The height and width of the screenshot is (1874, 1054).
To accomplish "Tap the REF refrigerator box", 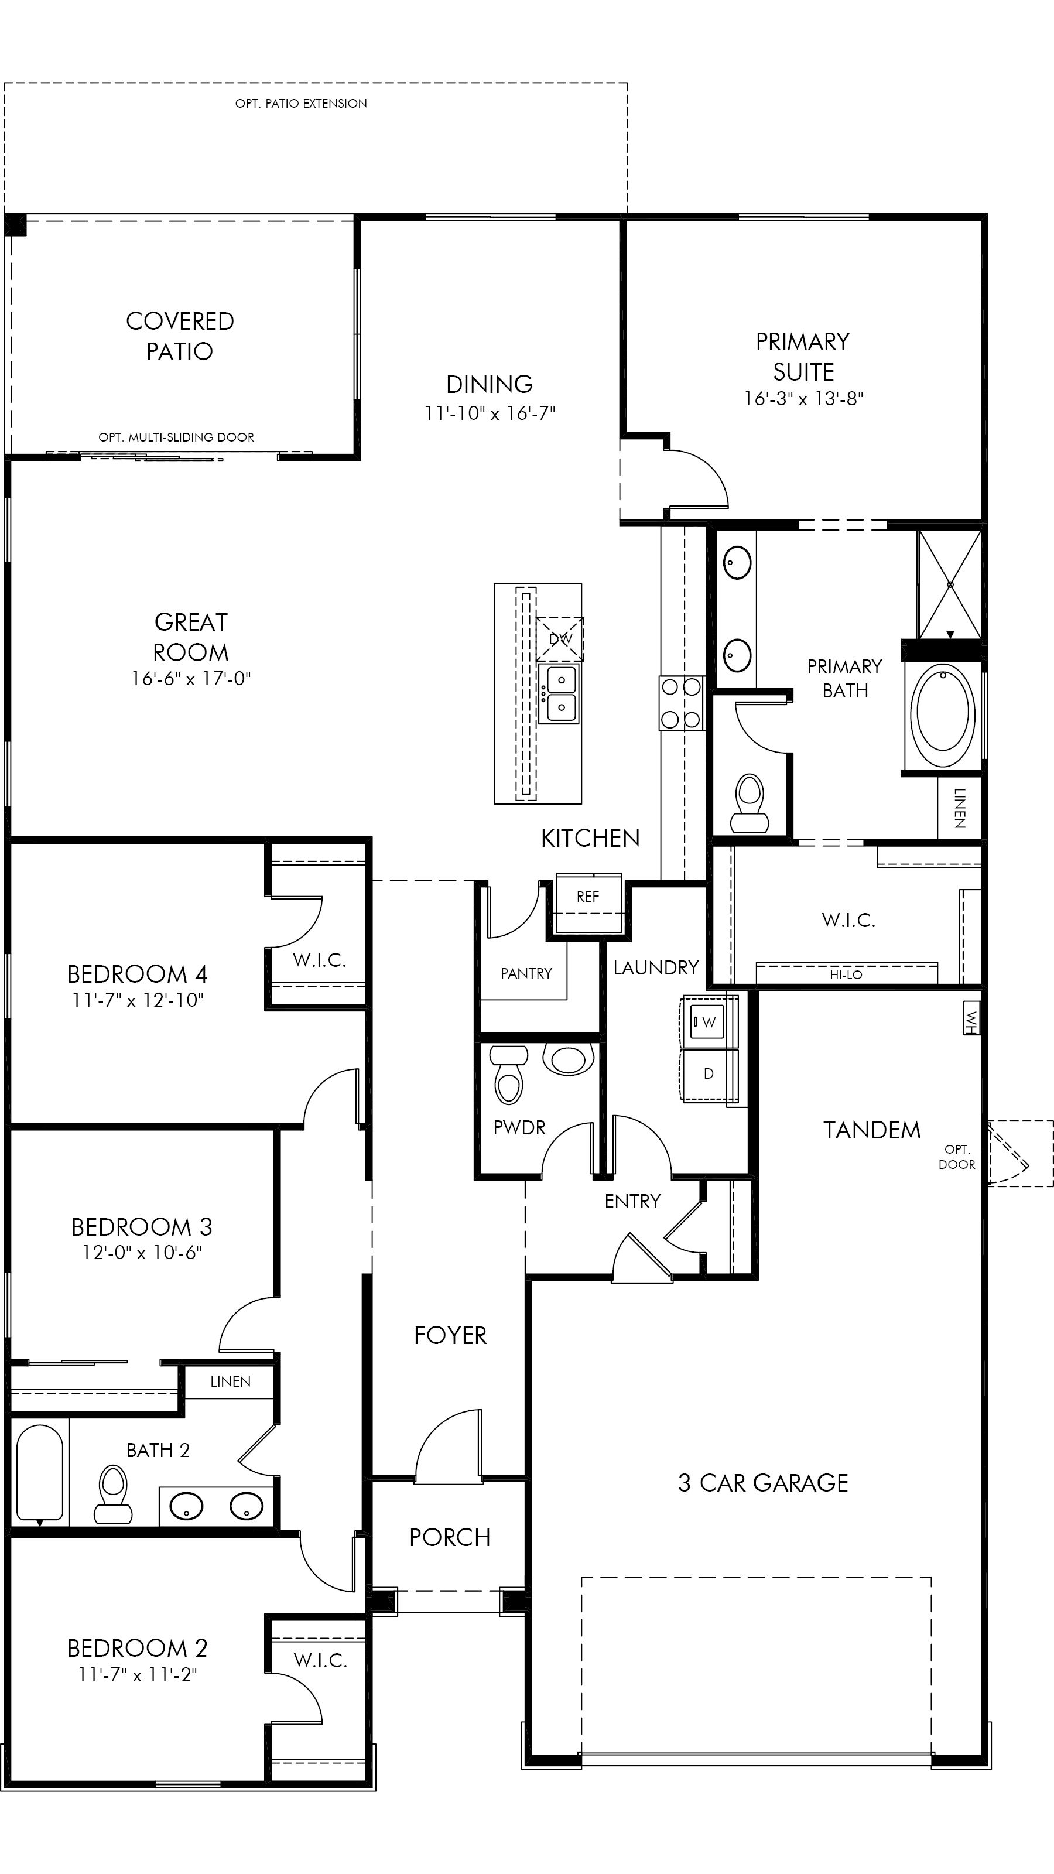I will [x=588, y=897].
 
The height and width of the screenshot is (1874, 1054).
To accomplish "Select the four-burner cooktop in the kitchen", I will [x=682, y=703].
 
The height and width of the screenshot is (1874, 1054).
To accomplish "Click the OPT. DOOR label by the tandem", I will [x=957, y=1157].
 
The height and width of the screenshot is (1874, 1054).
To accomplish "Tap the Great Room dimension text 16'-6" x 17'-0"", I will [x=190, y=679].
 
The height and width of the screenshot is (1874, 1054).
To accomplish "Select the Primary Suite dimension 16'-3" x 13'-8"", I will [x=802, y=399].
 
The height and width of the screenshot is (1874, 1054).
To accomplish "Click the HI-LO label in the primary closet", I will [x=846, y=974].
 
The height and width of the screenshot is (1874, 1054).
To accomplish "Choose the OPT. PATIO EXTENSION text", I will [x=300, y=103].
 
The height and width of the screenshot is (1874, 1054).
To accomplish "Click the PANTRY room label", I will [x=526, y=973].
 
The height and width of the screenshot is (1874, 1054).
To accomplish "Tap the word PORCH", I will [x=450, y=1537].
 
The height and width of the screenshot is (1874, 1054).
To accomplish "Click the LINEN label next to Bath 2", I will [x=230, y=1381].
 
